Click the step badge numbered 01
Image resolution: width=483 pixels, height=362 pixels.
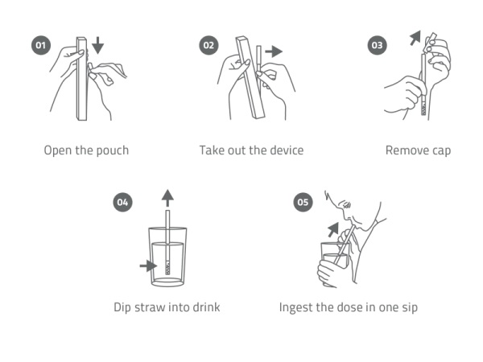tap(41, 45)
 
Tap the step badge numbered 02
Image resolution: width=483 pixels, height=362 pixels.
tap(208, 45)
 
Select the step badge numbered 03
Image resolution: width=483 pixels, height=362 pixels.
tap(378, 45)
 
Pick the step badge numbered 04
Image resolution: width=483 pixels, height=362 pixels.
tap(123, 202)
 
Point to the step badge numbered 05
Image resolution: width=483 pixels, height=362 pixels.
tap(303, 202)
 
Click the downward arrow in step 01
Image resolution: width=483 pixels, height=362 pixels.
tap(97, 45)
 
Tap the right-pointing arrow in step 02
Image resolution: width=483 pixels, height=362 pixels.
tap(274, 51)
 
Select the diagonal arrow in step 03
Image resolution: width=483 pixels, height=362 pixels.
tap(415, 38)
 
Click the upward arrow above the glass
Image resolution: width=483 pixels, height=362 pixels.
tap(167, 198)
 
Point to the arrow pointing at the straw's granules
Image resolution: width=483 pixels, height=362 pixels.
tap(148, 265)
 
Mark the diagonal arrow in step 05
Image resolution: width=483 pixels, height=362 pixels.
tap(333, 229)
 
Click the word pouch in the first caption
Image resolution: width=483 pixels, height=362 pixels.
tap(112, 151)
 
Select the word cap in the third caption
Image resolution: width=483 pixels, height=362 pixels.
tap(441, 151)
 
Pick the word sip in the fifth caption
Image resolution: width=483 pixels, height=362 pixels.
tap(410, 308)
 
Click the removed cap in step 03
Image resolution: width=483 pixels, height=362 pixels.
tap(430, 42)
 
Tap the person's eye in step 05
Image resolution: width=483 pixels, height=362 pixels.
tap(347, 204)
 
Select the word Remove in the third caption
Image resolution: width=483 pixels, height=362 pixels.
tap(407, 150)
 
